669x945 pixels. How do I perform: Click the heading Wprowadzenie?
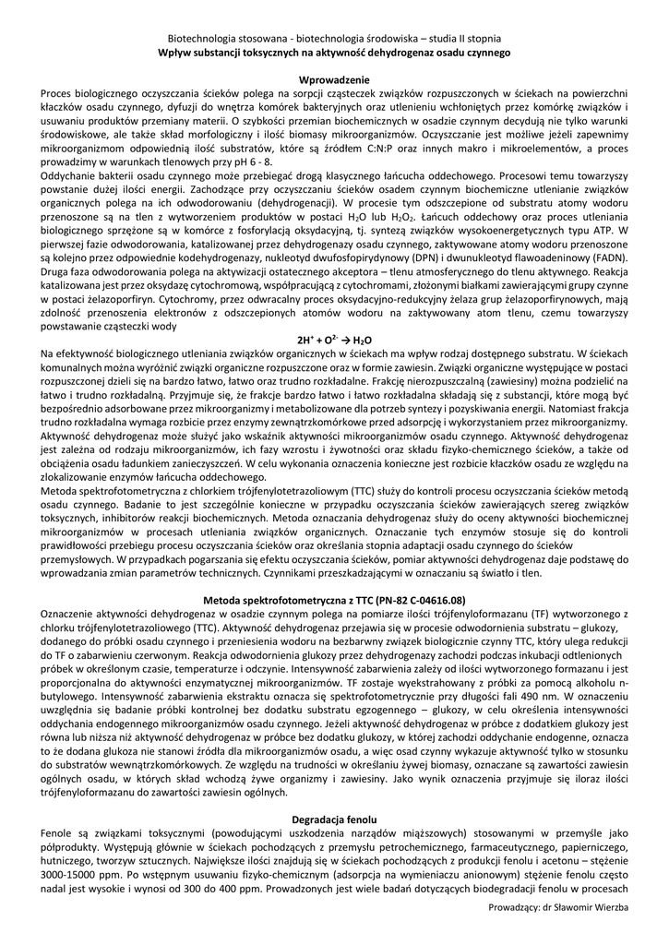[x=335, y=80]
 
